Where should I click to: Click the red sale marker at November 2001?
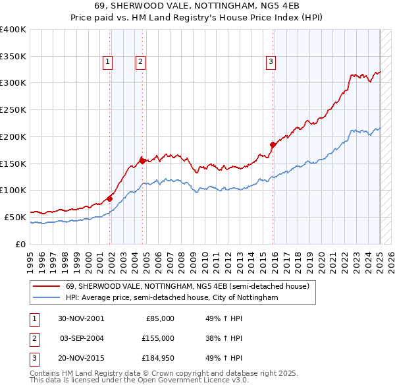tap(110, 198)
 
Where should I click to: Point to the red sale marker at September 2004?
tap(142, 160)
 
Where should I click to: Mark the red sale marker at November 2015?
tap(273, 144)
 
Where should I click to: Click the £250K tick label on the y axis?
tap(13, 110)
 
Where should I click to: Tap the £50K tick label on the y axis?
tap(16, 217)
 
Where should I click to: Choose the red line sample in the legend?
tap(47, 287)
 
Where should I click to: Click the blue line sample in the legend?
tap(47, 298)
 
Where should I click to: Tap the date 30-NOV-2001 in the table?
tap(81, 318)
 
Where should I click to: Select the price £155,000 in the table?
tap(158, 338)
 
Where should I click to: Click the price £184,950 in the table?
tap(158, 359)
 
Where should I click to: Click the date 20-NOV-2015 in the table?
tap(81, 359)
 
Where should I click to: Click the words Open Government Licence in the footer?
tap(190, 380)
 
